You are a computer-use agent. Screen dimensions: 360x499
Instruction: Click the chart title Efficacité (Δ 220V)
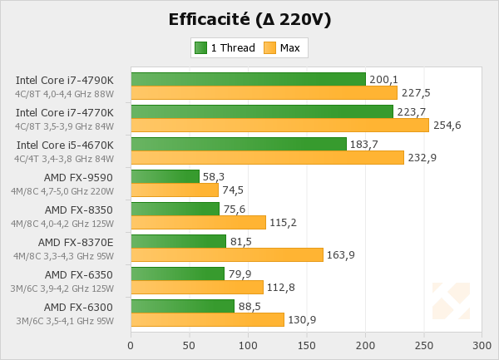coord(249,19)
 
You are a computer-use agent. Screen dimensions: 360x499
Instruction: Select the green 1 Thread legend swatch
coord(200,47)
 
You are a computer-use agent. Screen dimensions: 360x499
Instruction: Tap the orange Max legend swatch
coord(269,47)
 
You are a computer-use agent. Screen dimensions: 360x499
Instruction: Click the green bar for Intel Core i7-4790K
coord(248,79)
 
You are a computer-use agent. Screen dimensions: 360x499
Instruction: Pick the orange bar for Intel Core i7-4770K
coord(279,125)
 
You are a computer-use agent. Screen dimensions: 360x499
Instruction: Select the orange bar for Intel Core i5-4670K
coord(267,157)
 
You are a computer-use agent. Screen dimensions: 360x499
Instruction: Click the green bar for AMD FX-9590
coord(165,176)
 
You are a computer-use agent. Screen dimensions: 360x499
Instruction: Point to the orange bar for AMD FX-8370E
coord(226,254)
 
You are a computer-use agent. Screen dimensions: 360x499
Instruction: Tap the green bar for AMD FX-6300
coord(183,306)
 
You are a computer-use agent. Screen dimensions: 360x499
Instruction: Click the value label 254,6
coord(447,126)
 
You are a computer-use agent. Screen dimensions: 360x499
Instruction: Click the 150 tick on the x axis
coord(307,344)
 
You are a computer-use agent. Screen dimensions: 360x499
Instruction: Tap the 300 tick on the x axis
coord(482,344)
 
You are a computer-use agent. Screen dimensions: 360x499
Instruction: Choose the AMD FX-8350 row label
coord(79,210)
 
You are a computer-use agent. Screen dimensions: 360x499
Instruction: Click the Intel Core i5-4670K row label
coord(65,145)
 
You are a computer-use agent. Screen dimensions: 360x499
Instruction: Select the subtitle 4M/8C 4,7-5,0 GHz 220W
coord(64,190)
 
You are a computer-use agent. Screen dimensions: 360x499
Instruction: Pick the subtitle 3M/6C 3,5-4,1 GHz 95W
coord(65,320)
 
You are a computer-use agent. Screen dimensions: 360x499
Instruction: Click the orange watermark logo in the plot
coord(451,301)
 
